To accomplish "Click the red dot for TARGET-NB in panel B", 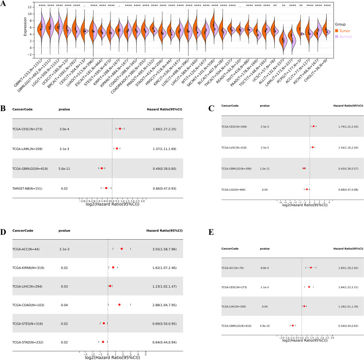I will tap(106, 187).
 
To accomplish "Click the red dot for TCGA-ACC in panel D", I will tap(121, 249).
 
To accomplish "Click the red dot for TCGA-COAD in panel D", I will tap(119, 304).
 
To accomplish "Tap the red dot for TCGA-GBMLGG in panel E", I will tap(293, 326).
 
